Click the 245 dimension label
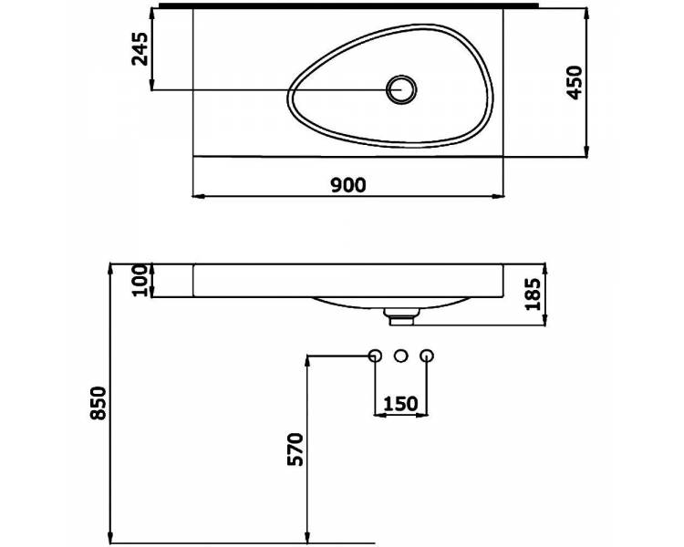click(140, 49)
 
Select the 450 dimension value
click(574, 82)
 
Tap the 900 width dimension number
click(348, 185)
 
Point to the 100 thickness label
click(140, 280)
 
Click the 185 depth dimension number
click(533, 294)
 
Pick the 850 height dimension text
click(98, 403)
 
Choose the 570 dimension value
click(295, 449)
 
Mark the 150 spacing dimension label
click(400, 404)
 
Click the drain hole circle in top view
click(401, 89)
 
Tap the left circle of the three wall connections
click(375, 356)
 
